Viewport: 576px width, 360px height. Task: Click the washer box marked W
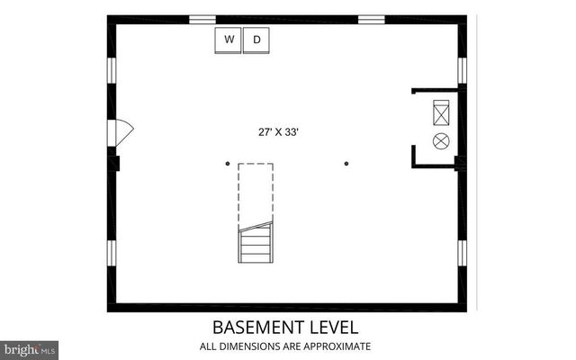click(229, 40)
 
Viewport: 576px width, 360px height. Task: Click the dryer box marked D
click(256, 40)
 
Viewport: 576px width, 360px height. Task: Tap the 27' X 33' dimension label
click(278, 131)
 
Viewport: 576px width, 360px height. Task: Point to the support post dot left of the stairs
click(228, 164)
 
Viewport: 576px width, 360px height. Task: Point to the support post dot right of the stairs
click(346, 164)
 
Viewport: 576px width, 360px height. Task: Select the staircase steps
click(255, 244)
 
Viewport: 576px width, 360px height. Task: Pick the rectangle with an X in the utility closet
click(441, 112)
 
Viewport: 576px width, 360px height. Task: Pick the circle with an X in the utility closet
click(441, 140)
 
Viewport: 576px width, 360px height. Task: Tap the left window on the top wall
click(202, 18)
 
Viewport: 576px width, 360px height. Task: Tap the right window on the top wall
click(372, 18)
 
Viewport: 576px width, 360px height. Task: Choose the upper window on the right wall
click(462, 70)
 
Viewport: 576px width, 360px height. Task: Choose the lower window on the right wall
click(462, 255)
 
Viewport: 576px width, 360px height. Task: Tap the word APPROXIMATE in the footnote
click(338, 346)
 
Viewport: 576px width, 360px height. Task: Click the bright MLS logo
click(30, 348)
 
